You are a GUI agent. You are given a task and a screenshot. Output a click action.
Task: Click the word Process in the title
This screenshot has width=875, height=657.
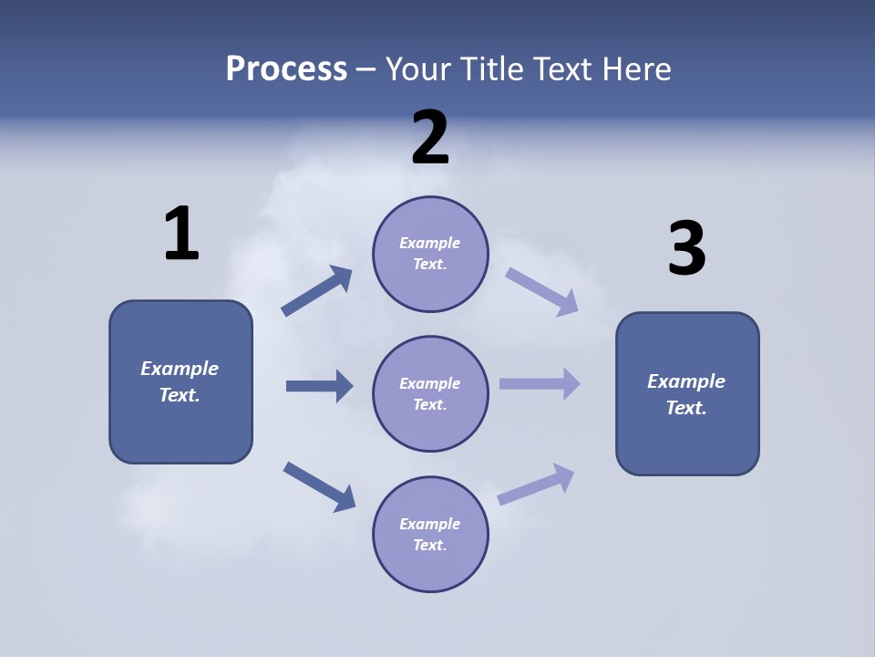286,69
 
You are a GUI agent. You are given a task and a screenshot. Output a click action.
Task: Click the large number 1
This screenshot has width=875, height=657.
181,235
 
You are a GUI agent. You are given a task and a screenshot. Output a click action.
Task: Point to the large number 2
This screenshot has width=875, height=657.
430,138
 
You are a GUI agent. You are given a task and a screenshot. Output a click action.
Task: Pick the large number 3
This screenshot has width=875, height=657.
686,249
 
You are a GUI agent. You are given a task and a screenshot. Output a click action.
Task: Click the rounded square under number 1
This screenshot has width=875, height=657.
180,381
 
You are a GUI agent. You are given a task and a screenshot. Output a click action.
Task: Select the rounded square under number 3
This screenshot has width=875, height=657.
687,393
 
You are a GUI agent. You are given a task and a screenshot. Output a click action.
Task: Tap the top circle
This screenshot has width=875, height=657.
430,254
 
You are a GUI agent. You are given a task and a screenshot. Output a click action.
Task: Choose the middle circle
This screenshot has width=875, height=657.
430,393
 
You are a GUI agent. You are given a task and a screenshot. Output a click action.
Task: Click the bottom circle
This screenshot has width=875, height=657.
430,534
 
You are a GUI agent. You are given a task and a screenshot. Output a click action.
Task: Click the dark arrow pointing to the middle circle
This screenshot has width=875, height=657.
320,386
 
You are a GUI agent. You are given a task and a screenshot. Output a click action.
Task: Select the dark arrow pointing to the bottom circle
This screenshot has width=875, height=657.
319,486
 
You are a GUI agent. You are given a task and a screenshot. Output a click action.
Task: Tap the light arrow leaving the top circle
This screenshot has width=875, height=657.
542,291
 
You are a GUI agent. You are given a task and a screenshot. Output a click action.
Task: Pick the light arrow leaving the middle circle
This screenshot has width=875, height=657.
540,383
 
